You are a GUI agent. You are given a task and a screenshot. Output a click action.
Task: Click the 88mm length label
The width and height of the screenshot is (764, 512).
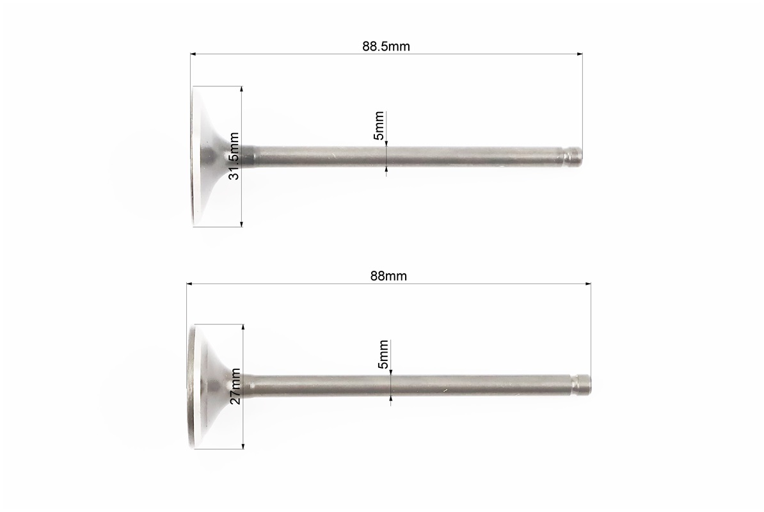pos(388,276)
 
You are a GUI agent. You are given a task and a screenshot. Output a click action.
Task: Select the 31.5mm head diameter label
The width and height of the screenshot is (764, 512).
pos(234,156)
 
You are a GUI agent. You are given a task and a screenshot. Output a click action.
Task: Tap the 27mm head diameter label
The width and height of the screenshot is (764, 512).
pos(235,386)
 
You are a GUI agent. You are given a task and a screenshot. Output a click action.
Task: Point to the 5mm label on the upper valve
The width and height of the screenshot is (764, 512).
pos(379,125)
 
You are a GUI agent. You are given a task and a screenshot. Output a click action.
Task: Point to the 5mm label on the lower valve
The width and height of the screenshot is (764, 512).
pos(383,354)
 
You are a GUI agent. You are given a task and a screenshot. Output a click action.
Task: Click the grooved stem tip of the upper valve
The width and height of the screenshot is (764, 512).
pos(574,156)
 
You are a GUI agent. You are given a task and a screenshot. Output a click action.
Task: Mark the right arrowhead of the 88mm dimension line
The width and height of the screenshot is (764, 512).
pos(588,284)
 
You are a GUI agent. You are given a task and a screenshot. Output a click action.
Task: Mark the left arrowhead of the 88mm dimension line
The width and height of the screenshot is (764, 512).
pos(189,284)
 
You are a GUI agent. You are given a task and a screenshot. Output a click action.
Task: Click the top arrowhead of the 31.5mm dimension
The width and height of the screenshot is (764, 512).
pos(241,89)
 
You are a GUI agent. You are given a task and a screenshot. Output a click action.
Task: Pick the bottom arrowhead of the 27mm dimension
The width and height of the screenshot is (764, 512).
pos(243,445)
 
